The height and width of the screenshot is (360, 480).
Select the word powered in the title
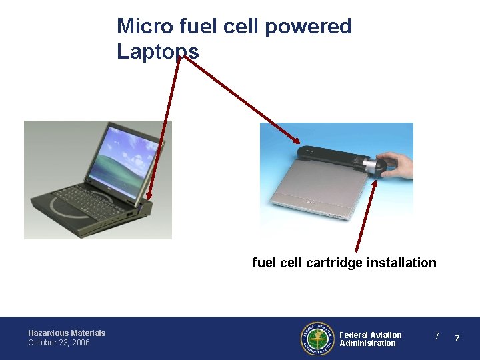tap(308, 27)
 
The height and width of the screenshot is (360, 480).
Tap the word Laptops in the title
tap(157, 51)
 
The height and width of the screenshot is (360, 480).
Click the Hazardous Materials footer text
tap(67, 333)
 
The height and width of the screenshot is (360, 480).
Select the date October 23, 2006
tap(59, 343)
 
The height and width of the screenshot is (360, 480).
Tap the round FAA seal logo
tap(317, 339)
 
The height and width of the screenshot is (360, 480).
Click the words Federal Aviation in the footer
tap(371, 335)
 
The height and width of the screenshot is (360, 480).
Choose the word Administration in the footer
tap(367, 343)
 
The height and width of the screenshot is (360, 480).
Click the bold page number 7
tap(457, 339)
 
